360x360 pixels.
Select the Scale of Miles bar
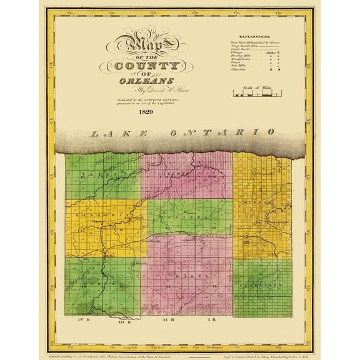pyautogui.click(x=255, y=96)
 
